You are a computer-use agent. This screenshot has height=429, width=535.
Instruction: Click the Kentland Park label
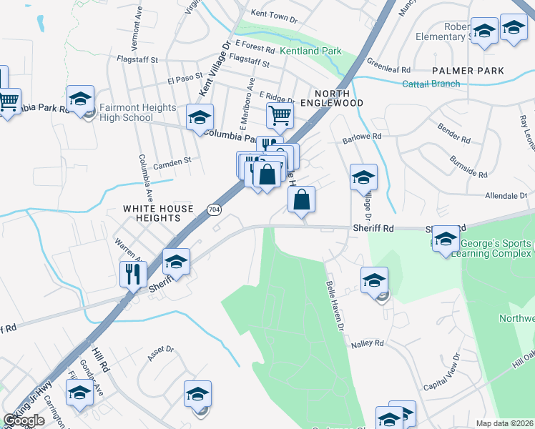click(x=310, y=51)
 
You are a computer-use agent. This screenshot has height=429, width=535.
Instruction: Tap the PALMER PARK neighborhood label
click(x=468, y=71)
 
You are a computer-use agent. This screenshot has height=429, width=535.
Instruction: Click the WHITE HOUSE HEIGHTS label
click(x=158, y=214)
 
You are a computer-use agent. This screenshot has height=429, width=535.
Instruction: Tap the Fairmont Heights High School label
click(x=137, y=112)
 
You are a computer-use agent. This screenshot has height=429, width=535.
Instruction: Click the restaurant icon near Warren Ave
click(x=134, y=273)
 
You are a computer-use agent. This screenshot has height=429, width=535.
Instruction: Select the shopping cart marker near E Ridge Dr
click(x=280, y=114)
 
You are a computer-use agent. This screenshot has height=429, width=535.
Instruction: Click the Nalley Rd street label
click(x=368, y=344)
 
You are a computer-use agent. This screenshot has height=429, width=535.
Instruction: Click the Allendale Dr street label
click(x=505, y=195)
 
